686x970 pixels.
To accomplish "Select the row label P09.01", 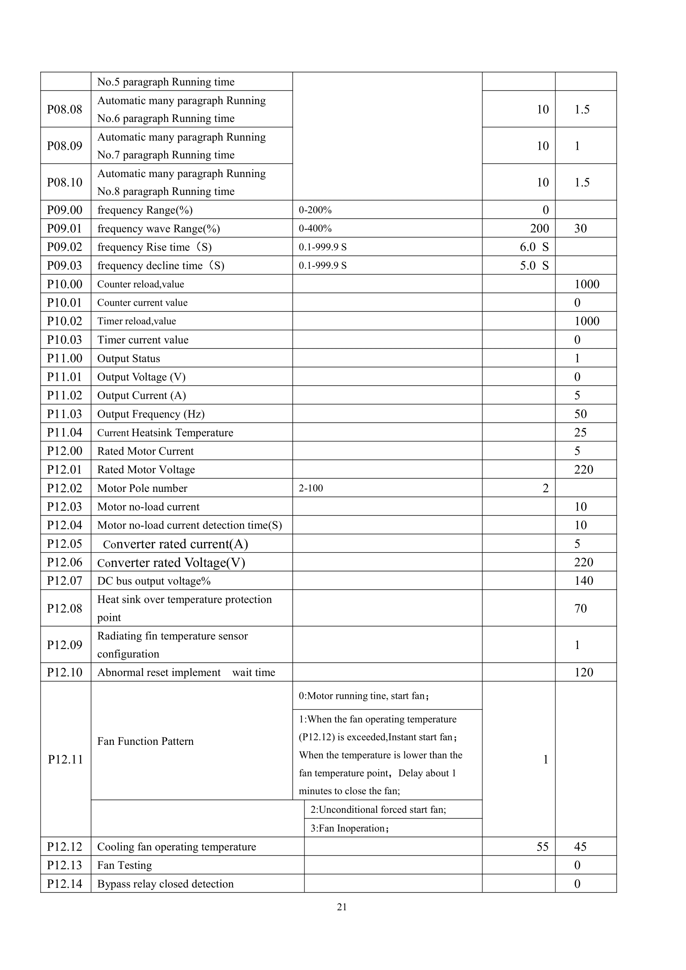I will tap(65, 229).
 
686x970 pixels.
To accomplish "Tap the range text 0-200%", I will tap(315, 210).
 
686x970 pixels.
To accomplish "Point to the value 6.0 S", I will tap(534, 247).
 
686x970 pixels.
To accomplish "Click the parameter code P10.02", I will tap(65, 321).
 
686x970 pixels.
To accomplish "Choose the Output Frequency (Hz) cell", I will tap(151, 414).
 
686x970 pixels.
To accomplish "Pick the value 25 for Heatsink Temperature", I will tap(580, 433).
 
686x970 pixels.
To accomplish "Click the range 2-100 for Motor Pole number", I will tap(311, 489).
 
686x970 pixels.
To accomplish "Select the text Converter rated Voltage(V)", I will tap(171, 563).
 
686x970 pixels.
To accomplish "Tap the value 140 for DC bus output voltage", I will tap(584, 581).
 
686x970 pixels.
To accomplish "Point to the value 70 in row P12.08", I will tap(580, 608).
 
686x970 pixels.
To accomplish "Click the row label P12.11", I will tap(66, 760).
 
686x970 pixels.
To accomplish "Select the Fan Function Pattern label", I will tap(145, 741).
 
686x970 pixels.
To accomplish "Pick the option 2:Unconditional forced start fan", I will tap(378, 810).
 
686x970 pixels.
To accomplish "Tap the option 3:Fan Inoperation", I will tap(350, 828).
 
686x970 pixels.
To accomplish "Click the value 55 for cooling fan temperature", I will tap(542, 847).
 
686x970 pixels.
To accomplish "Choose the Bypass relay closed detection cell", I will tap(165, 884).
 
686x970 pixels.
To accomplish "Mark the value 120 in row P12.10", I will tap(584, 672).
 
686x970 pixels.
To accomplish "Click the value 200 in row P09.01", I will tap(540, 229).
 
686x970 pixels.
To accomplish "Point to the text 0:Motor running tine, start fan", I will tap(364, 696).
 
